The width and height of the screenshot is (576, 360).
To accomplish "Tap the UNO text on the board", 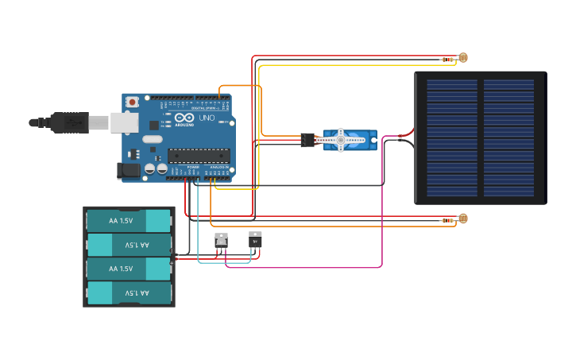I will click(207, 118).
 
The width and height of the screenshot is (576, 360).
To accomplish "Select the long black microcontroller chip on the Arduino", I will click(199, 156).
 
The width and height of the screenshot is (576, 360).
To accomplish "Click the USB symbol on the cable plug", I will click(74, 122).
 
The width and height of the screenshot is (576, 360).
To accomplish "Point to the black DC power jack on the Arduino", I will click(128, 170).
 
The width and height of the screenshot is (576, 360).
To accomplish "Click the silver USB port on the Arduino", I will click(122, 122).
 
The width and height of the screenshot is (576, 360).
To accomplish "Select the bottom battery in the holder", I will click(129, 293).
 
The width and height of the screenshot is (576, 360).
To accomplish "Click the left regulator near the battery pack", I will click(222, 240).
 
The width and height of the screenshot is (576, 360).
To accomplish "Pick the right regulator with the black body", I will click(255, 238).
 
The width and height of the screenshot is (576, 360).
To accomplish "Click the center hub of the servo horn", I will click(341, 140).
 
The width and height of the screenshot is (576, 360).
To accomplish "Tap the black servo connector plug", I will click(307, 140).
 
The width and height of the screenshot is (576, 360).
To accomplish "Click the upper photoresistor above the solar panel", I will click(463, 57).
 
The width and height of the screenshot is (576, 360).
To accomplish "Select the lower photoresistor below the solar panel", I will click(463, 219).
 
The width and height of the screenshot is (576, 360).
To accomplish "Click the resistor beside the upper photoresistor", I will click(448, 59).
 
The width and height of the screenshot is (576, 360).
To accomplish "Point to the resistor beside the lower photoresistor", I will click(448, 220).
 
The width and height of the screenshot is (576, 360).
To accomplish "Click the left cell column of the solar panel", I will click(452, 137).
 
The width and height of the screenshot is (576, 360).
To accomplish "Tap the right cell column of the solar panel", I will click(509, 137).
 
